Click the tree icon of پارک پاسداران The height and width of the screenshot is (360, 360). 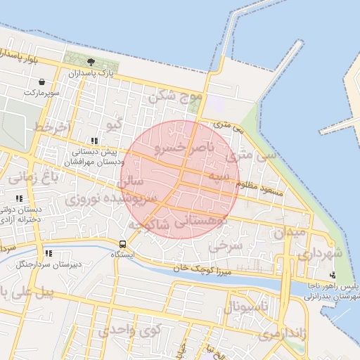91,63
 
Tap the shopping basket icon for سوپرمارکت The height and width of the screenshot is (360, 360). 42,82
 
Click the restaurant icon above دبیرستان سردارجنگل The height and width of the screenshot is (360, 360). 49,253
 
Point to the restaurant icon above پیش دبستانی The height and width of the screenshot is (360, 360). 94,141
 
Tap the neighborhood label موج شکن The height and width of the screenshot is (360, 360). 175,95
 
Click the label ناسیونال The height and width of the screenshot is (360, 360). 245,306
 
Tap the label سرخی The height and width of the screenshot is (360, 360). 226,246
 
